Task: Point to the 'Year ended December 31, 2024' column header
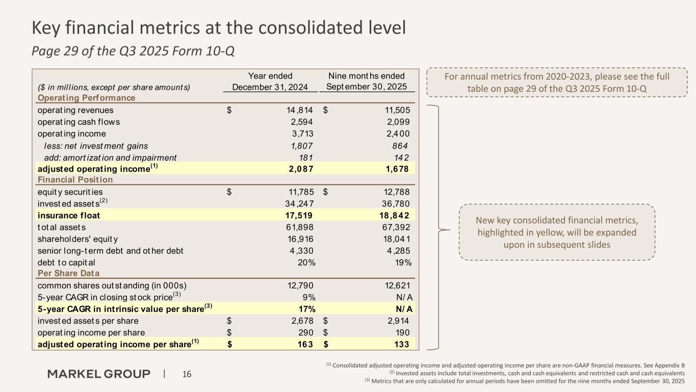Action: [270, 82]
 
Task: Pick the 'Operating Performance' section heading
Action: [86, 97]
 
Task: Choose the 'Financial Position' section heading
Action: [75, 180]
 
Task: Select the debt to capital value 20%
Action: [306, 262]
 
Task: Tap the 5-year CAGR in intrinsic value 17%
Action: [306, 309]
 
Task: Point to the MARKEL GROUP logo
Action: [99, 374]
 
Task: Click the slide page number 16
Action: [187, 375]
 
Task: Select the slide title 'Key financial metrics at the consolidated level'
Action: [219, 28]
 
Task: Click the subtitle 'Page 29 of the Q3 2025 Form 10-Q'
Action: [133, 52]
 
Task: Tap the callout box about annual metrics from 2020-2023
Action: [557, 82]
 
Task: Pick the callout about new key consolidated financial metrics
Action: [556, 232]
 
